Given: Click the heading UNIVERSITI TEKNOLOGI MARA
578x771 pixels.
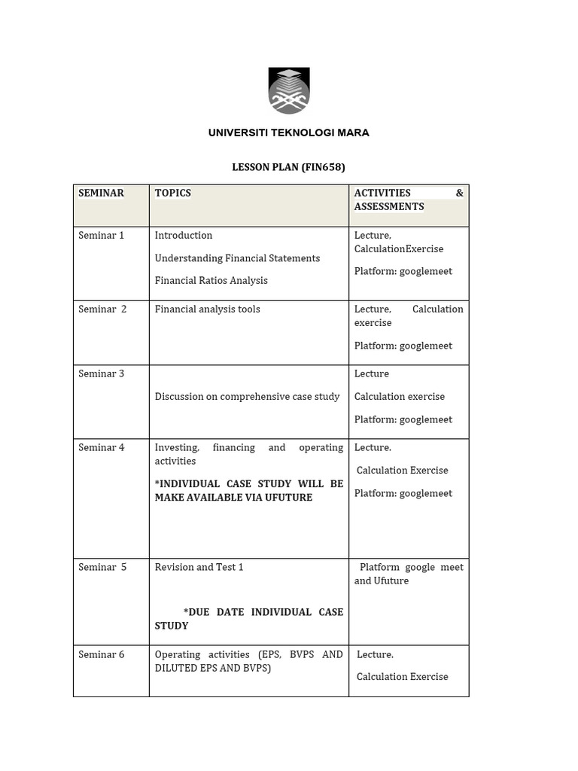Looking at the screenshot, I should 288,133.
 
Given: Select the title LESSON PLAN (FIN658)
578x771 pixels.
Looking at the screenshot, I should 288,167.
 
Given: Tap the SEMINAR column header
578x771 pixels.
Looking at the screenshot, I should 101,193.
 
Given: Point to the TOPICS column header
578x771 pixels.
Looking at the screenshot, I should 173,193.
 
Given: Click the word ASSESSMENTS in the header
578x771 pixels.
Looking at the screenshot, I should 389,206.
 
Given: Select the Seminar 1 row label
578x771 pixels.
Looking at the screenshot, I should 101,235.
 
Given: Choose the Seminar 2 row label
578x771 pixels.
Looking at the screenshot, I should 102,309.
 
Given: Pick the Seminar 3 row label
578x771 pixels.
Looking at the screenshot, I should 101,373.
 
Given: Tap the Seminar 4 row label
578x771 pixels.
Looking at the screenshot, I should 101,447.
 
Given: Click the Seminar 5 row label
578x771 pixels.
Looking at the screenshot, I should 102,567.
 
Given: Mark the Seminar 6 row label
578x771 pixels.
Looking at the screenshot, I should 101,654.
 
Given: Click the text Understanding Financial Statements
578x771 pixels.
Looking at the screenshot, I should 237,258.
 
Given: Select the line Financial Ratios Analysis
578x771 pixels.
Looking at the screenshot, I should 211,280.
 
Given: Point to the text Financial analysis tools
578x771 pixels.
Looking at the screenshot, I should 207,309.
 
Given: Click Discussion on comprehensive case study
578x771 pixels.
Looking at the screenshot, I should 247,396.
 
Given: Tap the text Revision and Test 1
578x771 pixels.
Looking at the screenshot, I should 199,567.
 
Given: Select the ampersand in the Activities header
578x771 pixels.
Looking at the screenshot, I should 459,193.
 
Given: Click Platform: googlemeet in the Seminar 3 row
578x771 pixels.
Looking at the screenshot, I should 403,419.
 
